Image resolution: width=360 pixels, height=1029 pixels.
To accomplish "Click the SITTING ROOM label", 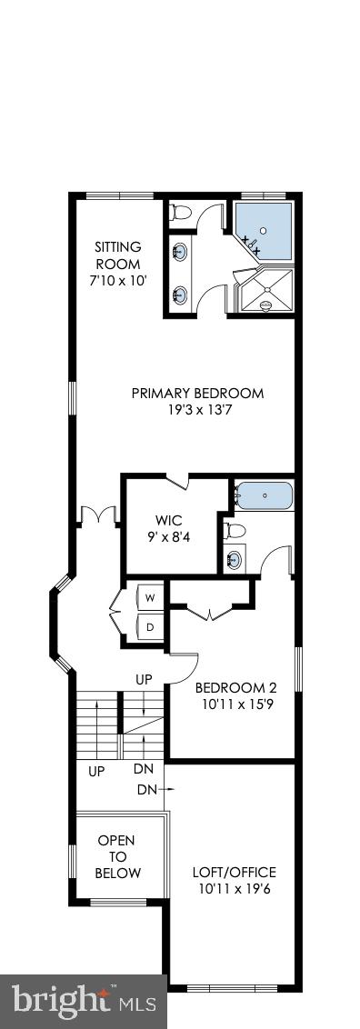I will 119,254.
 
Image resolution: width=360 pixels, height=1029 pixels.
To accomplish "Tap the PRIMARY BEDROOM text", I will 197,394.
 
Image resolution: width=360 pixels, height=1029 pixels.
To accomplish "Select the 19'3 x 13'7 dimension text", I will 198,410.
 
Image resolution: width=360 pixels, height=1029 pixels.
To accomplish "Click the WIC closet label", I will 169,521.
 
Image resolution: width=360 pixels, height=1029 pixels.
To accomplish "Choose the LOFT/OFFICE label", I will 235,872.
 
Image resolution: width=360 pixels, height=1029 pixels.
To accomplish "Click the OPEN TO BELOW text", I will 119,856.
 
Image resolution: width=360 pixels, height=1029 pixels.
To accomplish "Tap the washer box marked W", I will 149,597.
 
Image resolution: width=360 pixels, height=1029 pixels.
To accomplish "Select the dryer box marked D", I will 149,626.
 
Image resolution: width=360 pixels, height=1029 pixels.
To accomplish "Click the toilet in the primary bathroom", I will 180,213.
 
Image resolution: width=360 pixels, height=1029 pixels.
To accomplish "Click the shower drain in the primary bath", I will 266,305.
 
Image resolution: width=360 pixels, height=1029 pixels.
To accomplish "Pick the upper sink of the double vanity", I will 180,251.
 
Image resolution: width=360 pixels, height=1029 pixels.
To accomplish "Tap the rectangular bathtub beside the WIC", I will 264,496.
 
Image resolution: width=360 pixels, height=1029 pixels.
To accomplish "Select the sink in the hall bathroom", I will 235,558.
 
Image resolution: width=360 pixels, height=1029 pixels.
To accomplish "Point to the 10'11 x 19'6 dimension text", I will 235,888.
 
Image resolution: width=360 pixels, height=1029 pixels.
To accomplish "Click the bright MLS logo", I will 82,1004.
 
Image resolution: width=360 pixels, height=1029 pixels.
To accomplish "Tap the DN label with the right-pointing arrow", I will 152,790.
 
